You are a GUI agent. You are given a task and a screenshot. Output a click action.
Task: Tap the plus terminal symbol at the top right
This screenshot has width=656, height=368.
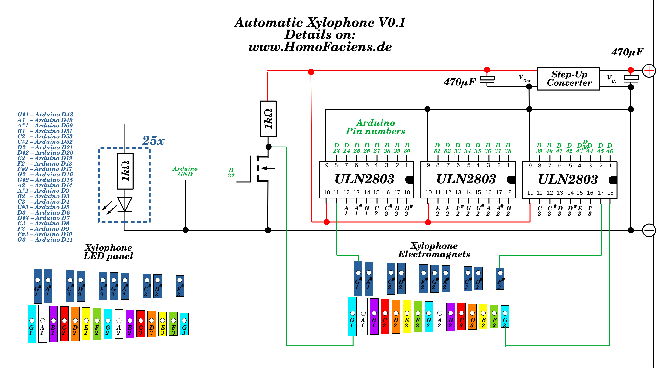[x=649, y=71]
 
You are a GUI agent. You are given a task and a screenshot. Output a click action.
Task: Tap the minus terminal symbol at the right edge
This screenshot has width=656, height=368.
[x=649, y=230]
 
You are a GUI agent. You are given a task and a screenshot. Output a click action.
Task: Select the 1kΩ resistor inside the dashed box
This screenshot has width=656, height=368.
[x=125, y=171]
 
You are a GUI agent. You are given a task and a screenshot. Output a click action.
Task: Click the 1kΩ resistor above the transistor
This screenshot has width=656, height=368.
[x=268, y=119]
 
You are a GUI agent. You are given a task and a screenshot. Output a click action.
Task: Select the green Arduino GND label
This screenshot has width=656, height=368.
[x=185, y=171]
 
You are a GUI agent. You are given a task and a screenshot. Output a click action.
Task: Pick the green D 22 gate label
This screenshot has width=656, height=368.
[x=231, y=173]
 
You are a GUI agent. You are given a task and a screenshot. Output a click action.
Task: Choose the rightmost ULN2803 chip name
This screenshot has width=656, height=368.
[x=568, y=179]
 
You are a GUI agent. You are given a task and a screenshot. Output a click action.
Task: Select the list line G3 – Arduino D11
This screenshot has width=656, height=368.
[x=45, y=240]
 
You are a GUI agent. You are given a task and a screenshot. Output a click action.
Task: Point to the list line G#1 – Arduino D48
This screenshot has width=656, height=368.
[x=45, y=114]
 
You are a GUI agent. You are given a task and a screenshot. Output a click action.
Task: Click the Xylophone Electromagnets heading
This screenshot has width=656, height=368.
[x=434, y=250]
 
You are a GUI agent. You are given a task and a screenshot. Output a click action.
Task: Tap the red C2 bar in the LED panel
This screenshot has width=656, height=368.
[x=64, y=324]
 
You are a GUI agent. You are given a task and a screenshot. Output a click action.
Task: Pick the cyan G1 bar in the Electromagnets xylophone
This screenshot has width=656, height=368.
[x=352, y=316]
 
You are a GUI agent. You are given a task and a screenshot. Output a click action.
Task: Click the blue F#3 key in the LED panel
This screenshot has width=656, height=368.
[x=179, y=286]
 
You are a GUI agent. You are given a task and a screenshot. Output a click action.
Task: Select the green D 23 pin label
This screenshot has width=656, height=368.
[x=336, y=148]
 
